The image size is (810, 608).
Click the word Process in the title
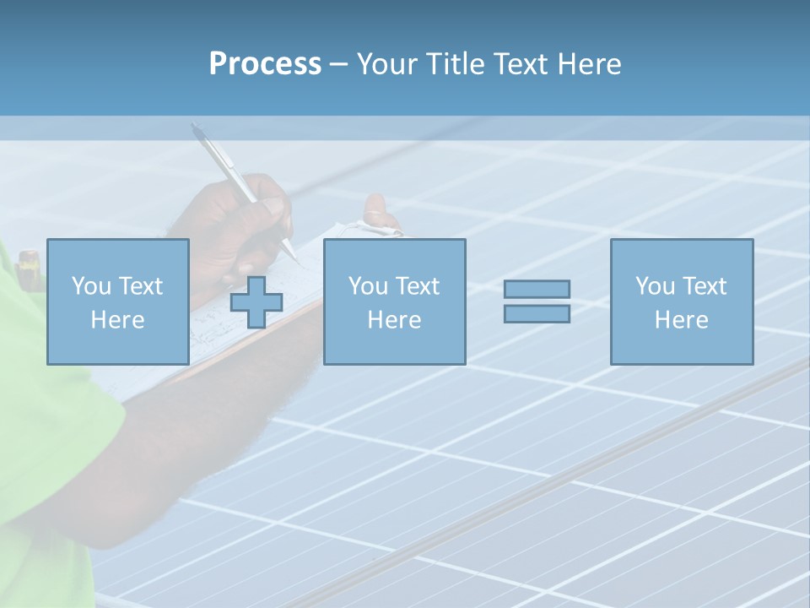[x=265, y=64]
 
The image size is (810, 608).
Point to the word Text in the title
[x=522, y=64]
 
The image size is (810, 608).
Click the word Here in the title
[x=590, y=64]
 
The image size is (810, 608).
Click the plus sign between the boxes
[x=256, y=302]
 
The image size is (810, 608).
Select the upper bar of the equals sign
[x=537, y=289]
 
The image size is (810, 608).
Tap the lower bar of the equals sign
[x=537, y=313]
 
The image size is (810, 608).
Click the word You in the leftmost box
[x=91, y=286]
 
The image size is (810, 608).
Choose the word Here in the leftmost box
[x=117, y=320]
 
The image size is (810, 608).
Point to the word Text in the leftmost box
[x=140, y=286]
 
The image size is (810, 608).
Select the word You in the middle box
[x=368, y=286]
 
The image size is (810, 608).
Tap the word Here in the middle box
[x=394, y=320]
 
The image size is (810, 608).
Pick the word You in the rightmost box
[x=655, y=286]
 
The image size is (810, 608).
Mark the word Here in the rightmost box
[x=681, y=320]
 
